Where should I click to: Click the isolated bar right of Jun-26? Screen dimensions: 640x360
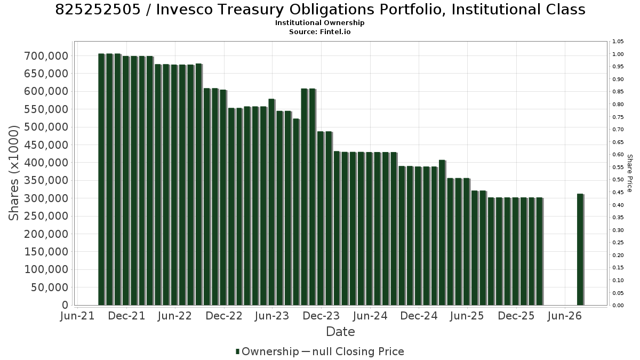click(x=580, y=250)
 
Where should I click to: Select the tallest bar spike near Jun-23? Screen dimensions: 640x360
click(x=271, y=202)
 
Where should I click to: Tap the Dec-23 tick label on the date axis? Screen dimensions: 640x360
click(x=321, y=316)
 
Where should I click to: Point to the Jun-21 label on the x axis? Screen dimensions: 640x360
click(x=77, y=316)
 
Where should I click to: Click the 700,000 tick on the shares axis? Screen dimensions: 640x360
click(x=46, y=56)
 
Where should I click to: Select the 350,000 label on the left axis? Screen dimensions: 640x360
click(x=46, y=181)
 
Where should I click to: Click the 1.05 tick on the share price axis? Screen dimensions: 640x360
click(x=618, y=42)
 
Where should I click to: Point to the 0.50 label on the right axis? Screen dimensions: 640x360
click(x=618, y=180)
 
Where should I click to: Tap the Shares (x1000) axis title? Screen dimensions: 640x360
click(x=13, y=173)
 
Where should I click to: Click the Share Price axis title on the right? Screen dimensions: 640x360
click(x=630, y=173)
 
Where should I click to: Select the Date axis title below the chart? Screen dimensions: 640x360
click(x=340, y=332)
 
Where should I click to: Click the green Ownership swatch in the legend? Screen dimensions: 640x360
click(x=237, y=351)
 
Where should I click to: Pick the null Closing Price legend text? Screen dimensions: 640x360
click(x=358, y=351)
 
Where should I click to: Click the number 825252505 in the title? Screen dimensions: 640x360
click(x=98, y=10)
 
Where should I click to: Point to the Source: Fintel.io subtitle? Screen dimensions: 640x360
click(x=319, y=31)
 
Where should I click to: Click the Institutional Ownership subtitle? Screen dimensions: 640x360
click(x=319, y=23)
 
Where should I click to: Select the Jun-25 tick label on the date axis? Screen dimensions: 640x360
click(x=467, y=316)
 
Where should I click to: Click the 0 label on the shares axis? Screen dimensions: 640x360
click(x=66, y=305)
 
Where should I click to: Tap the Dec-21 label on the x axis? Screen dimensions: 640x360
click(x=126, y=316)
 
